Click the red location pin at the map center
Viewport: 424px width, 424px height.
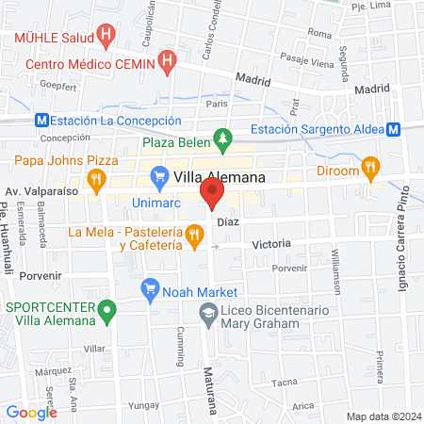point(212,195)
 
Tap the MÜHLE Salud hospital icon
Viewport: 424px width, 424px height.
point(106,39)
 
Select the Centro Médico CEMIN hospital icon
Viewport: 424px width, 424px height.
point(169,63)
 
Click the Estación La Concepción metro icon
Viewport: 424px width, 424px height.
point(41,121)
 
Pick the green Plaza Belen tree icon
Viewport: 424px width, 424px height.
point(222,141)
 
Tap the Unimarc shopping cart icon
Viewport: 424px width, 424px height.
point(158,176)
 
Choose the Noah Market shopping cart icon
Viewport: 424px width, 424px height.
point(149,288)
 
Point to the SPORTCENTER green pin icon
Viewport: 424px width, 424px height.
point(108,308)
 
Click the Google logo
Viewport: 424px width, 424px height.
point(32,412)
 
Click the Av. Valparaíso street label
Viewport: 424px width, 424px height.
point(40,192)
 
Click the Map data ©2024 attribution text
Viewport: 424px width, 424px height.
point(383,416)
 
